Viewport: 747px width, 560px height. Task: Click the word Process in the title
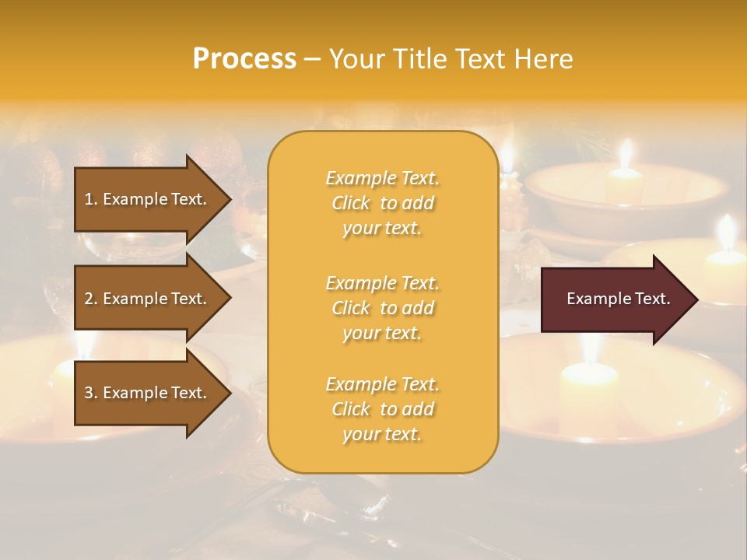[x=244, y=59]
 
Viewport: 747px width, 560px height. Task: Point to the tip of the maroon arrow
[x=696, y=299]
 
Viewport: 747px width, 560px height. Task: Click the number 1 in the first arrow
[x=89, y=199]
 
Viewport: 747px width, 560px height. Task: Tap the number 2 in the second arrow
[x=89, y=299]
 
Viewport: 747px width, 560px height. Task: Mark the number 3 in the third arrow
[x=89, y=393]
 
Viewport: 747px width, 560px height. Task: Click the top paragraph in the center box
[x=382, y=203]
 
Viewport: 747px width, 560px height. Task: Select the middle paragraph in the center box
[x=382, y=307]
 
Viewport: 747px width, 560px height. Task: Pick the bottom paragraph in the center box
[x=382, y=409]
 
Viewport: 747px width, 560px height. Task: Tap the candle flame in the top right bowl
[x=625, y=153]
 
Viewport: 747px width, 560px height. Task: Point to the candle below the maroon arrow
[x=589, y=381]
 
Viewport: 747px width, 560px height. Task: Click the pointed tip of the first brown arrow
[x=230, y=199]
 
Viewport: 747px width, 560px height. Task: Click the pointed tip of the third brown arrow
[x=230, y=393]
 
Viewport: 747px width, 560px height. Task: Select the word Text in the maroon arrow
[x=653, y=299]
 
